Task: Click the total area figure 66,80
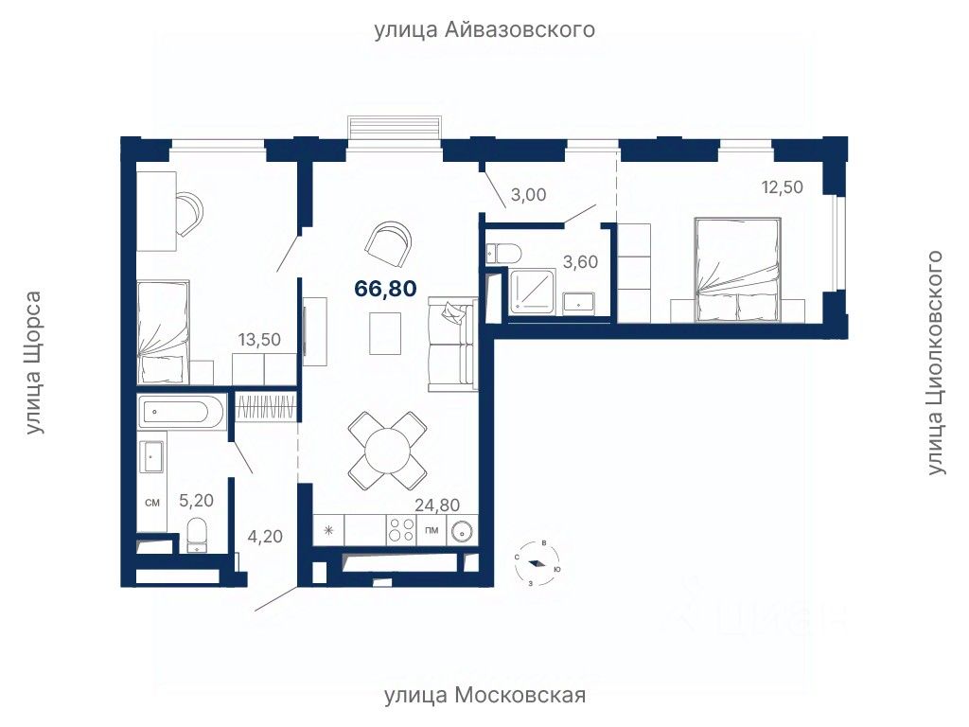pos(386,288)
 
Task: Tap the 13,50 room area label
pos(259,340)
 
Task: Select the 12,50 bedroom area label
pos(783,186)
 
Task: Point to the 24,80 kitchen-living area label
pos(437,505)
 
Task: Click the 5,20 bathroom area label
pos(196,500)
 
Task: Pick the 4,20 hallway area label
pos(265,536)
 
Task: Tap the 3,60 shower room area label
pos(580,262)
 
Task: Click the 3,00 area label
pos(528,195)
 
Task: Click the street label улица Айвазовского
pos(484,29)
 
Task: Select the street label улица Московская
pos(485,696)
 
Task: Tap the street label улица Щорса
pos(35,363)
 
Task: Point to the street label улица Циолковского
pos(936,363)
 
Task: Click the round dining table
pos(387,450)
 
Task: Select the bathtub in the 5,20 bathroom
pos(181,411)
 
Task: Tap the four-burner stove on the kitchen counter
pos(401,530)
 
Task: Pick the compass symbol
pos(537,563)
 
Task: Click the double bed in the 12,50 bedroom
pos(737,270)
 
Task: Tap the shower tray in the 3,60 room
pos(531,292)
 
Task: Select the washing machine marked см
pos(151,503)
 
